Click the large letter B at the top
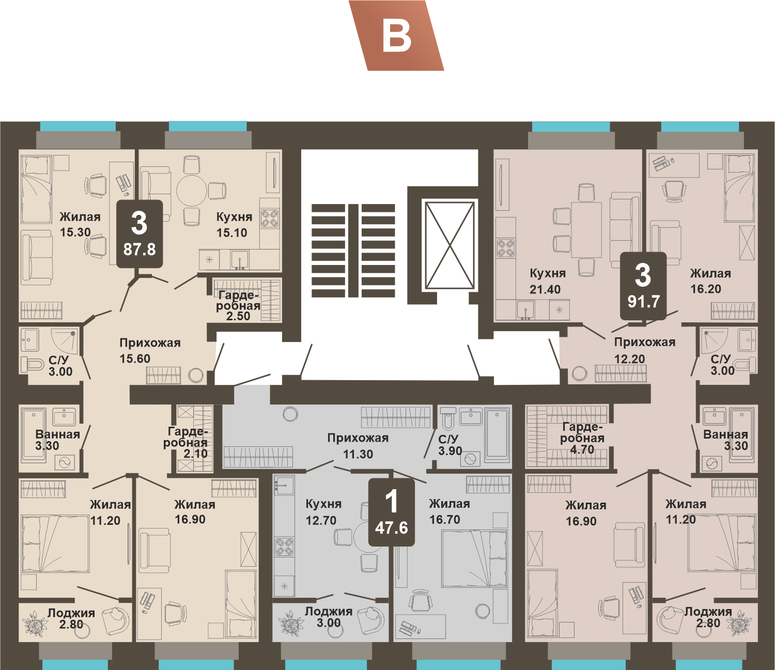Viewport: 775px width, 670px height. pyautogui.click(x=397, y=38)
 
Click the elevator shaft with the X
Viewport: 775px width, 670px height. pyautogui.click(x=450, y=245)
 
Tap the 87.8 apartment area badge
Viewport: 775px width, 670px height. pyautogui.click(x=139, y=234)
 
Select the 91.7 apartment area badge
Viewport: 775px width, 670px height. pyautogui.click(x=643, y=286)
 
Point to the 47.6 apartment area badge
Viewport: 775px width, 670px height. pyautogui.click(x=392, y=512)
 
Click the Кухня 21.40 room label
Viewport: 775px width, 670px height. pyautogui.click(x=548, y=281)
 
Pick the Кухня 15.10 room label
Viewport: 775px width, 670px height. pyautogui.click(x=234, y=225)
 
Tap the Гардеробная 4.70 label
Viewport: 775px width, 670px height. pyautogui.click(x=582, y=438)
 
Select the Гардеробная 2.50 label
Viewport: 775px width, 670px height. pyautogui.click(x=238, y=306)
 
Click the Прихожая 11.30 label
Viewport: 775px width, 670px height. pyautogui.click(x=358, y=446)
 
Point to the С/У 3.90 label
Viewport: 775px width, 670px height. pyautogui.click(x=450, y=445)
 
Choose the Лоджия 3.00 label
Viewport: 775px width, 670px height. pyautogui.click(x=329, y=617)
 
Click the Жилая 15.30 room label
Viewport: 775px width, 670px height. pyautogui.click(x=80, y=224)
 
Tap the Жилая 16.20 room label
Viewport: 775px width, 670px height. pyautogui.click(x=710, y=281)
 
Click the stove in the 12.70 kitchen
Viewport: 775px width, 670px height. pyautogui.click(x=284, y=546)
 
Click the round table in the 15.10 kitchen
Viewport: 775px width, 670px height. pyautogui.click(x=192, y=190)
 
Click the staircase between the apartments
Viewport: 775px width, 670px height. pyautogui.click(x=353, y=251)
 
